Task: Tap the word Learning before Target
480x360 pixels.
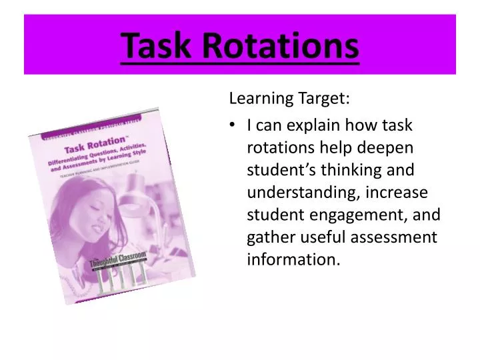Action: click(x=257, y=99)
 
